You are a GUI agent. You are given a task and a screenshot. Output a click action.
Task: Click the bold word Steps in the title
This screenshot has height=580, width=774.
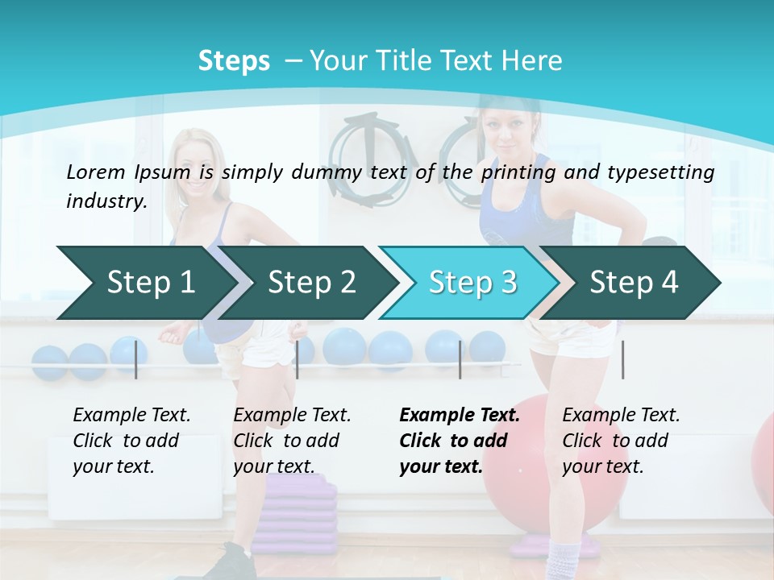[234, 61]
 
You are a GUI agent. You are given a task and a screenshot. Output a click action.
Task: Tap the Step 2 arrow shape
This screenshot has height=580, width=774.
[311, 283]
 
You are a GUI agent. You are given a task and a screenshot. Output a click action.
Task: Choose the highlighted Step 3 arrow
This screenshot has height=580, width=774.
[472, 283]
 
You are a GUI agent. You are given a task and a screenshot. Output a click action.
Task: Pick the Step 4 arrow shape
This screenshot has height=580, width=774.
[634, 283]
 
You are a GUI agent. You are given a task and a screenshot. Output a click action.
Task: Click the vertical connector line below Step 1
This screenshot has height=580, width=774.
[135, 359]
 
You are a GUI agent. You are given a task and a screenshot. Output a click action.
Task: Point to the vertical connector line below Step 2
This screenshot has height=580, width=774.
[297, 359]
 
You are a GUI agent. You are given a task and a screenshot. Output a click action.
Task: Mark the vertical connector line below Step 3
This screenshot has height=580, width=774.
[460, 359]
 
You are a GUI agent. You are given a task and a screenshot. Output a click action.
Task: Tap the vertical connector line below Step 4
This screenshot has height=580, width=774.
[622, 359]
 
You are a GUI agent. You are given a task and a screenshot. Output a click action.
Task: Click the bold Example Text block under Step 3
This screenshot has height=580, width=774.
[460, 441]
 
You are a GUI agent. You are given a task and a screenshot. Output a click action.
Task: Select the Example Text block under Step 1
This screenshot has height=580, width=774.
[131, 441]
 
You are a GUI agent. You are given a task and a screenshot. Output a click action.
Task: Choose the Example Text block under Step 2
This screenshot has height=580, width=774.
[292, 441]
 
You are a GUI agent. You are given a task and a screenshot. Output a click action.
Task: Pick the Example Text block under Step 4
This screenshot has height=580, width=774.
[621, 441]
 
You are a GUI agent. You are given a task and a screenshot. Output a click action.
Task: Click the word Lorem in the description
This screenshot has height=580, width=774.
[94, 172]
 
